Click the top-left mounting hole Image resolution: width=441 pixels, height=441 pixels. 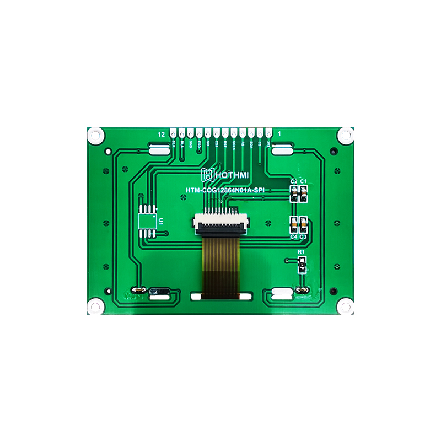pos(95,135)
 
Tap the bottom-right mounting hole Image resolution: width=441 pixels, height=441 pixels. pos(346,306)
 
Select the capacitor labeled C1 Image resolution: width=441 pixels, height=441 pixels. pos(303,193)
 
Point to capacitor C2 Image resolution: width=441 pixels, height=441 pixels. pos(294,193)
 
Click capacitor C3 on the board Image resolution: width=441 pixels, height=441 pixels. pos(303,224)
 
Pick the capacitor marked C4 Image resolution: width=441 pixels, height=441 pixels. pos(294,224)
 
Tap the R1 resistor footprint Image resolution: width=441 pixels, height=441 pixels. pos(301,266)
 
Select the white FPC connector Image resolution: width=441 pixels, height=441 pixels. pos(220,222)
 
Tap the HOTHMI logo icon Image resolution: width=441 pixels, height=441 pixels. pos(208,175)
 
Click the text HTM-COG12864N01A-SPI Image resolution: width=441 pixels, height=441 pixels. pos(225,190)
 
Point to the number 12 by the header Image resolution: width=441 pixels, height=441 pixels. pos(161,134)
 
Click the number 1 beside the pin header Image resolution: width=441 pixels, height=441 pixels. pos(279,133)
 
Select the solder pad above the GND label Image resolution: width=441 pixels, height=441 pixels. pos(191,133)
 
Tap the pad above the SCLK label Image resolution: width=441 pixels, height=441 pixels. pos(234,133)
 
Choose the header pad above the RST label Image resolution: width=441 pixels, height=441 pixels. pos(225,133)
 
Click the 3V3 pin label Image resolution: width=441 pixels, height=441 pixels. pos(268,144)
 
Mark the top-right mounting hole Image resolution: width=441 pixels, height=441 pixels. pos(346,135)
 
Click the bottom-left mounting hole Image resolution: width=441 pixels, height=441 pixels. pos(95,306)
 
